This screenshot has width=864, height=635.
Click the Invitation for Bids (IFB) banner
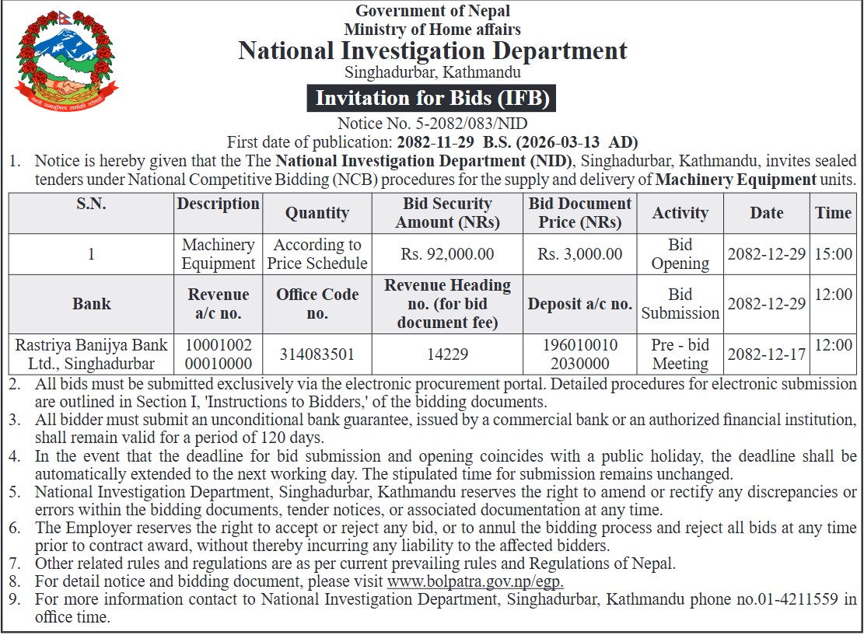tap(432, 99)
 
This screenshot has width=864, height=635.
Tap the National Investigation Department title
tap(432, 51)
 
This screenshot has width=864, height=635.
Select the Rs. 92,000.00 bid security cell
tap(447, 254)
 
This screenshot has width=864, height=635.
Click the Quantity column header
tap(317, 213)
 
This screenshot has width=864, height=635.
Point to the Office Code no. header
tap(317, 304)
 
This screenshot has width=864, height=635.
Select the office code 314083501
tap(317, 354)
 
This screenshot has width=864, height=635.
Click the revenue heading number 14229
tap(447, 354)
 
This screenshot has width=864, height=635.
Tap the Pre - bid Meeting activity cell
tap(680, 354)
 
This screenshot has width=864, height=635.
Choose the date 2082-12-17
tap(766, 354)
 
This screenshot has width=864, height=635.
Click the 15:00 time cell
tap(833, 254)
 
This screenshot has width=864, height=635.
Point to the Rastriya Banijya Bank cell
tap(91, 354)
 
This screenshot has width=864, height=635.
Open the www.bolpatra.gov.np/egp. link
tap(475, 582)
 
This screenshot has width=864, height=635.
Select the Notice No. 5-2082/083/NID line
tap(432, 124)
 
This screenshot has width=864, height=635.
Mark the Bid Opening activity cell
tap(680, 254)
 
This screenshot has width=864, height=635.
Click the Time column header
tap(833, 213)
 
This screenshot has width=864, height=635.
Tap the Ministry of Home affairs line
tap(432, 30)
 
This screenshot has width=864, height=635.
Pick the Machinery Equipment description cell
tap(219, 254)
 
